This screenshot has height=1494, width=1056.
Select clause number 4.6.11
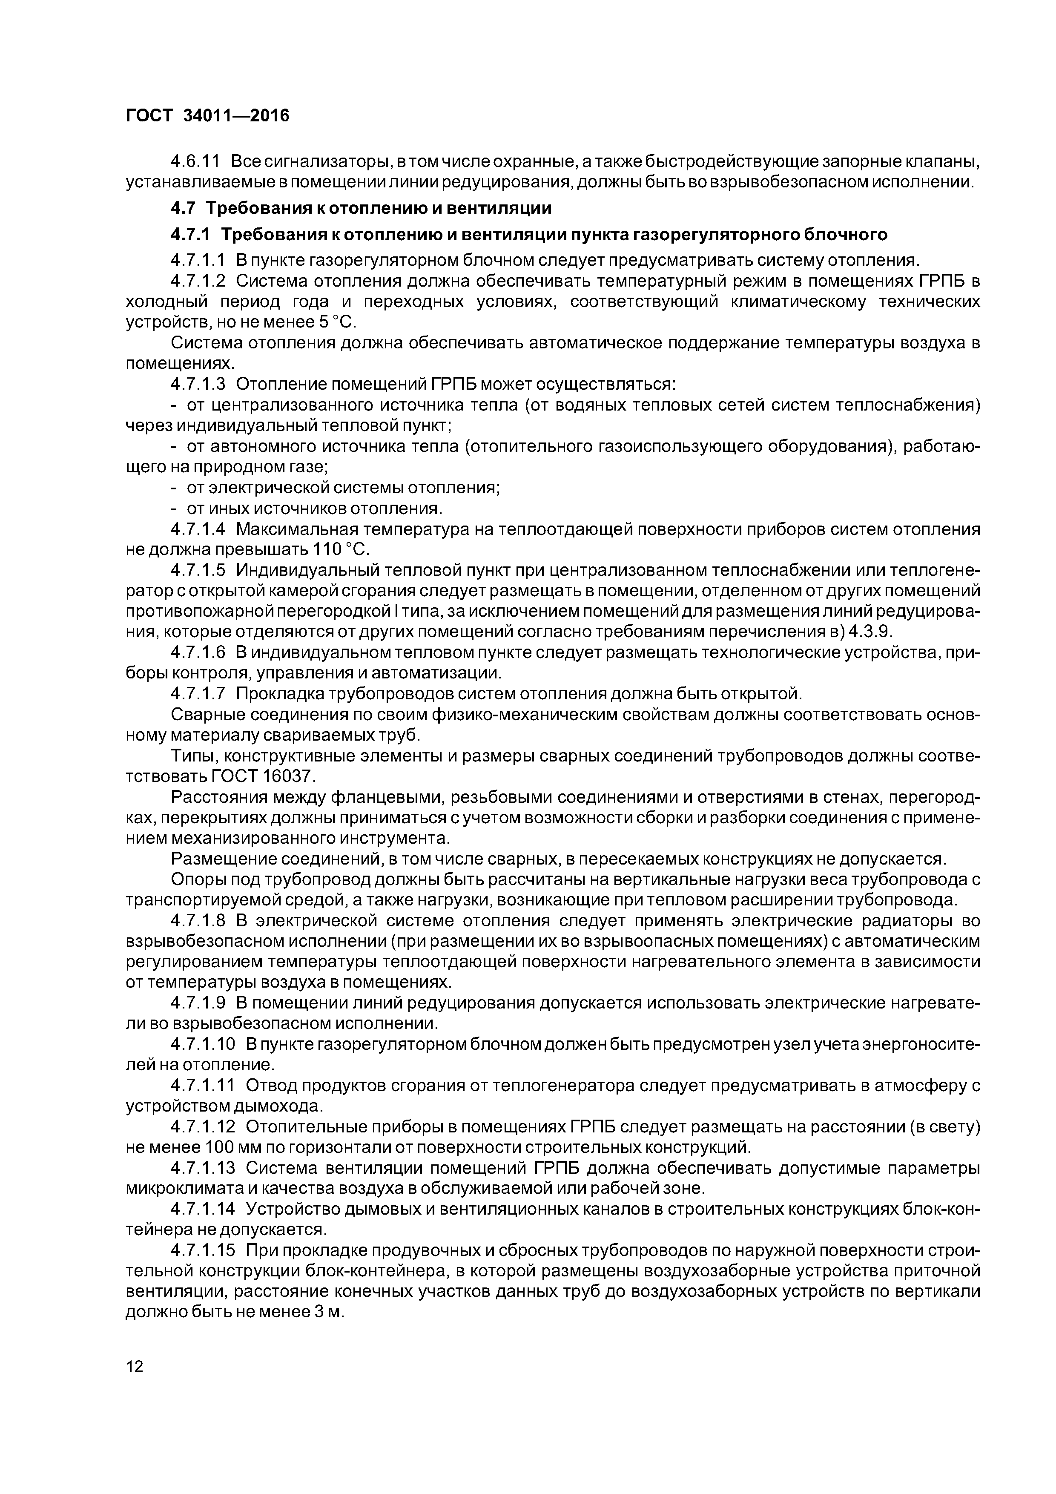click(195, 161)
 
